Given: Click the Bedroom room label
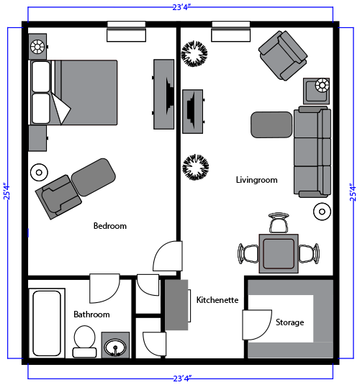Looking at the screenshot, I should (109, 226).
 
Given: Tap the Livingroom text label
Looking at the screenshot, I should (256, 180).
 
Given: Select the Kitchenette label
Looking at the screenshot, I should (217, 300).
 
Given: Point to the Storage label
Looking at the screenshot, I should (289, 322).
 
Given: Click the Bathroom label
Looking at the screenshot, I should (91, 314).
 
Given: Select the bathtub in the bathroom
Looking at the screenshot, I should (47, 322).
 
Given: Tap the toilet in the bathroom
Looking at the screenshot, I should (84, 341).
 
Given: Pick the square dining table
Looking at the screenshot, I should (279, 253).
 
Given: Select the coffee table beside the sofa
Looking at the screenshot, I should (271, 124).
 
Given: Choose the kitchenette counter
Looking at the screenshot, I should (176, 305).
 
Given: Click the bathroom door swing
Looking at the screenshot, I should (104, 288).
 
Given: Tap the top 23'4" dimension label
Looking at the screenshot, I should (180, 6).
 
